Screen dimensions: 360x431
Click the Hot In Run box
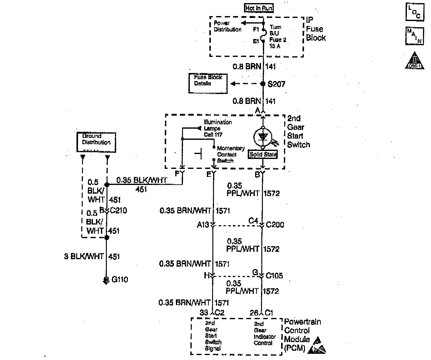pos(259,8)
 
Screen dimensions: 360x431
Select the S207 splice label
pos(276,84)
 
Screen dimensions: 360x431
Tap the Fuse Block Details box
pos(208,83)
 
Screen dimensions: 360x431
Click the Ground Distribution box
pos(96,142)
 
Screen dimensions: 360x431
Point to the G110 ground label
pos(120,280)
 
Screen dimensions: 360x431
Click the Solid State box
pos(263,154)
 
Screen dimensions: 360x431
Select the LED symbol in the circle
pos(263,136)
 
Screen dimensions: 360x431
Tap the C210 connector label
pos(118,211)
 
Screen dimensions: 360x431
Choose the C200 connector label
pos(275,225)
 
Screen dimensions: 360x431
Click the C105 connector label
pos(274,276)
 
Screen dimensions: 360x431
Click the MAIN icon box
pos(414,36)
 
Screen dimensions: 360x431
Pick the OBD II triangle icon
pos(414,61)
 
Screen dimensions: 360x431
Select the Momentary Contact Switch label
pos(230,154)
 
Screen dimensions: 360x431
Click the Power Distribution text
pos(227,26)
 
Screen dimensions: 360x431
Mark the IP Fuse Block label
pos(316,29)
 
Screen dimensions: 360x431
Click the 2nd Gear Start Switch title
pos(298,131)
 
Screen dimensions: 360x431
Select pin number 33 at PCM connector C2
pos(204,312)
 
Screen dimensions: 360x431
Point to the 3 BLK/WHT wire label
pos(84,256)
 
